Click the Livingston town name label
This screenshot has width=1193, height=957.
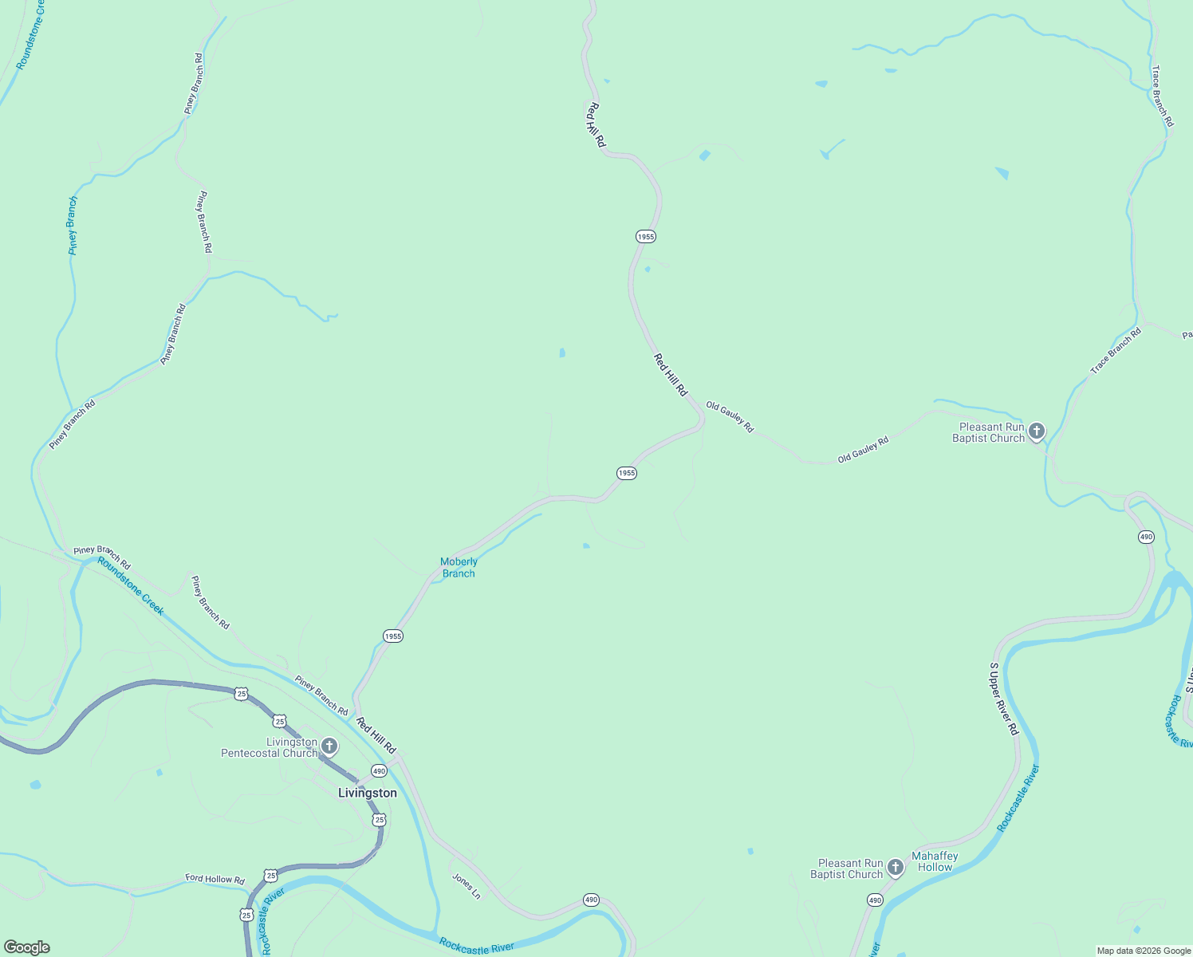pyautogui.click(x=367, y=793)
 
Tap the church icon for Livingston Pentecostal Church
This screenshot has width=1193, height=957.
pyautogui.click(x=329, y=747)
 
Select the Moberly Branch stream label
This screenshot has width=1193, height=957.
pyautogui.click(x=459, y=567)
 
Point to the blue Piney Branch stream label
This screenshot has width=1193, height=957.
pyautogui.click(x=73, y=226)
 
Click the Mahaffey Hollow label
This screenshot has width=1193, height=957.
pyautogui.click(x=935, y=861)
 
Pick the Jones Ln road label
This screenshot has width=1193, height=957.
pyautogui.click(x=467, y=886)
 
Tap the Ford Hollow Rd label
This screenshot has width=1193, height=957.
pyautogui.click(x=215, y=879)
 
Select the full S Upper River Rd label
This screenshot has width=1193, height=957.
pyautogui.click(x=1004, y=699)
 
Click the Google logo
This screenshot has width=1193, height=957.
pyautogui.click(x=27, y=947)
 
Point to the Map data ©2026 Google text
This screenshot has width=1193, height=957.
pyautogui.click(x=1144, y=951)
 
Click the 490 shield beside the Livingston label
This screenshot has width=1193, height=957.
pyautogui.click(x=379, y=771)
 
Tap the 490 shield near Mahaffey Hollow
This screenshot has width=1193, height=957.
pyautogui.click(x=875, y=900)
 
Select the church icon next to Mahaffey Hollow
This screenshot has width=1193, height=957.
pyautogui.click(x=896, y=868)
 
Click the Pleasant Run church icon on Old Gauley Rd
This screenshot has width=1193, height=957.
pyautogui.click(x=1036, y=432)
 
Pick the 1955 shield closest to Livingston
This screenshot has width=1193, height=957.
pyautogui.click(x=393, y=636)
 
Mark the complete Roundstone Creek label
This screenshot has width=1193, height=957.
pyautogui.click(x=131, y=586)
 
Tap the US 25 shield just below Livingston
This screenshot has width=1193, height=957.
pyautogui.click(x=379, y=820)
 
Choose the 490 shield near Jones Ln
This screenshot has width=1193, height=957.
pyautogui.click(x=590, y=900)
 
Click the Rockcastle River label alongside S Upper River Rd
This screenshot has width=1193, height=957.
pyautogui.click(x=1019, y=798)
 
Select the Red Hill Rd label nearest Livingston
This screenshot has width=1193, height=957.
pyautogui.click(x=376, y=736)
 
